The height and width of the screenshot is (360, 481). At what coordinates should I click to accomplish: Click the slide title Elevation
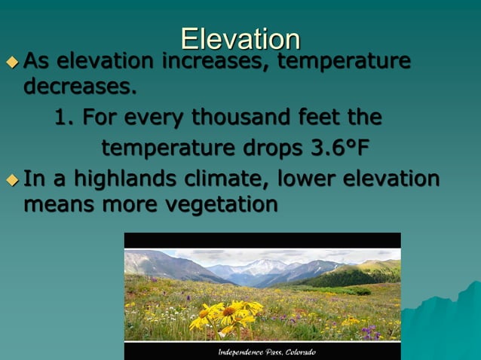(240, 38)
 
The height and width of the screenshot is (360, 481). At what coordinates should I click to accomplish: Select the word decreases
(81, 87)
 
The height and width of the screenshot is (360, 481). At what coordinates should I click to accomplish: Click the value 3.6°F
(342, 145)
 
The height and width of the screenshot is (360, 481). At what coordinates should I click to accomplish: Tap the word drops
(271, 145)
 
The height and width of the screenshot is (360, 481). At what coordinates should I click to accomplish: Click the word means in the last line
(57, 204)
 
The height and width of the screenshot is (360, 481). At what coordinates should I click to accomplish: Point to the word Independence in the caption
(244, 352)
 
